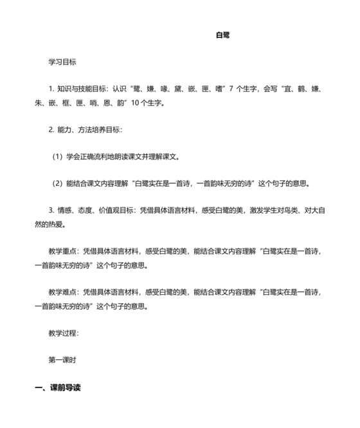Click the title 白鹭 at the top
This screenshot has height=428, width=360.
(223, 35)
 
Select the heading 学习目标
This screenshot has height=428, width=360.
(62, 62)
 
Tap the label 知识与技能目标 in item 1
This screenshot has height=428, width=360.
(82, 89)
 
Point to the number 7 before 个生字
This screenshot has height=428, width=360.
(231, 89)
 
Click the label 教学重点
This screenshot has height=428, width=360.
(62, 252)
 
